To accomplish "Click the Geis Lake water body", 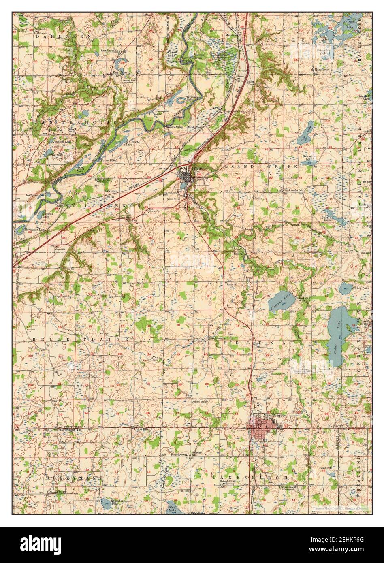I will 307,132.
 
